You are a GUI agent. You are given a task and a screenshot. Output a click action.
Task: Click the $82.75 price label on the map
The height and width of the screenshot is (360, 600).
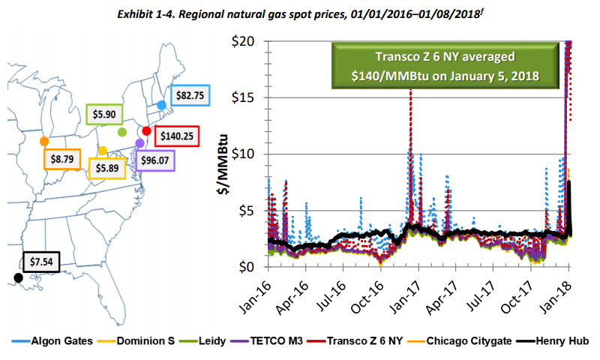189,96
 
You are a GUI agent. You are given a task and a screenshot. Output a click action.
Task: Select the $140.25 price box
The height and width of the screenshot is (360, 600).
178,136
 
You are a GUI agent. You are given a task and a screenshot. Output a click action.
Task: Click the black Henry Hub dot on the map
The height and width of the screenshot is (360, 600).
18,277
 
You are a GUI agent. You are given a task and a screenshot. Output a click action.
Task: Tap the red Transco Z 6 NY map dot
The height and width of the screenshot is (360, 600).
147,130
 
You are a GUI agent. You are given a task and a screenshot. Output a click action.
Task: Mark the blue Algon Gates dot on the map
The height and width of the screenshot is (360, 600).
162,106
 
